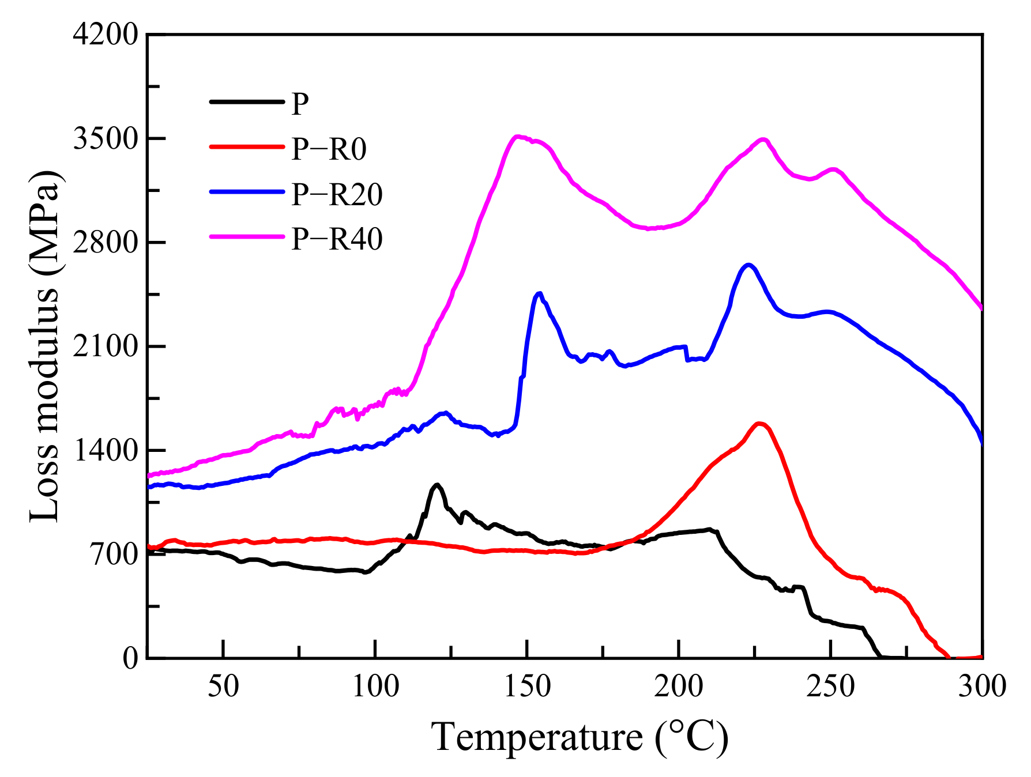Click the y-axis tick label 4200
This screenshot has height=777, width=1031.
(x=105, y=35)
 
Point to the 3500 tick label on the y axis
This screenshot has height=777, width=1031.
(x=105, y=139)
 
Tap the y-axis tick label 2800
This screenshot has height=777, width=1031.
(x=105, y=243)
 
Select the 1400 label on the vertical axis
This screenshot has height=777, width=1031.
(x=105, y=450)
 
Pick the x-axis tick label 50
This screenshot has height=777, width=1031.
(x=223, y=687)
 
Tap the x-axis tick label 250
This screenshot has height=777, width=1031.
(x=830, y=687)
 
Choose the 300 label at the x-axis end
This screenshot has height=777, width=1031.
(x=981, y=687)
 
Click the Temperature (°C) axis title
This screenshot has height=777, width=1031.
(x=579, y=737)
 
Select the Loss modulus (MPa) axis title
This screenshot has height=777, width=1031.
(x=44, y=346)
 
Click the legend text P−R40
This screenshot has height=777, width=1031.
(x=337, y=239)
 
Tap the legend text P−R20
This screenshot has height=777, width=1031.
(x=337, y=194)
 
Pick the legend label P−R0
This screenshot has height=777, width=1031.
(x=329, y=149)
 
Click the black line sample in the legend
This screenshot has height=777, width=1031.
(x=247, y=102)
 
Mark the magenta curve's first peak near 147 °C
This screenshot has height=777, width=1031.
(x=518, y=137)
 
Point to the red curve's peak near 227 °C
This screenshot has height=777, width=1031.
(x=759, y=424)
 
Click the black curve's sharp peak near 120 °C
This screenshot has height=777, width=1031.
(x=437, y=485)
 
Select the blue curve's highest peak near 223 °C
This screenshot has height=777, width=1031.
(x=748, y=265)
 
